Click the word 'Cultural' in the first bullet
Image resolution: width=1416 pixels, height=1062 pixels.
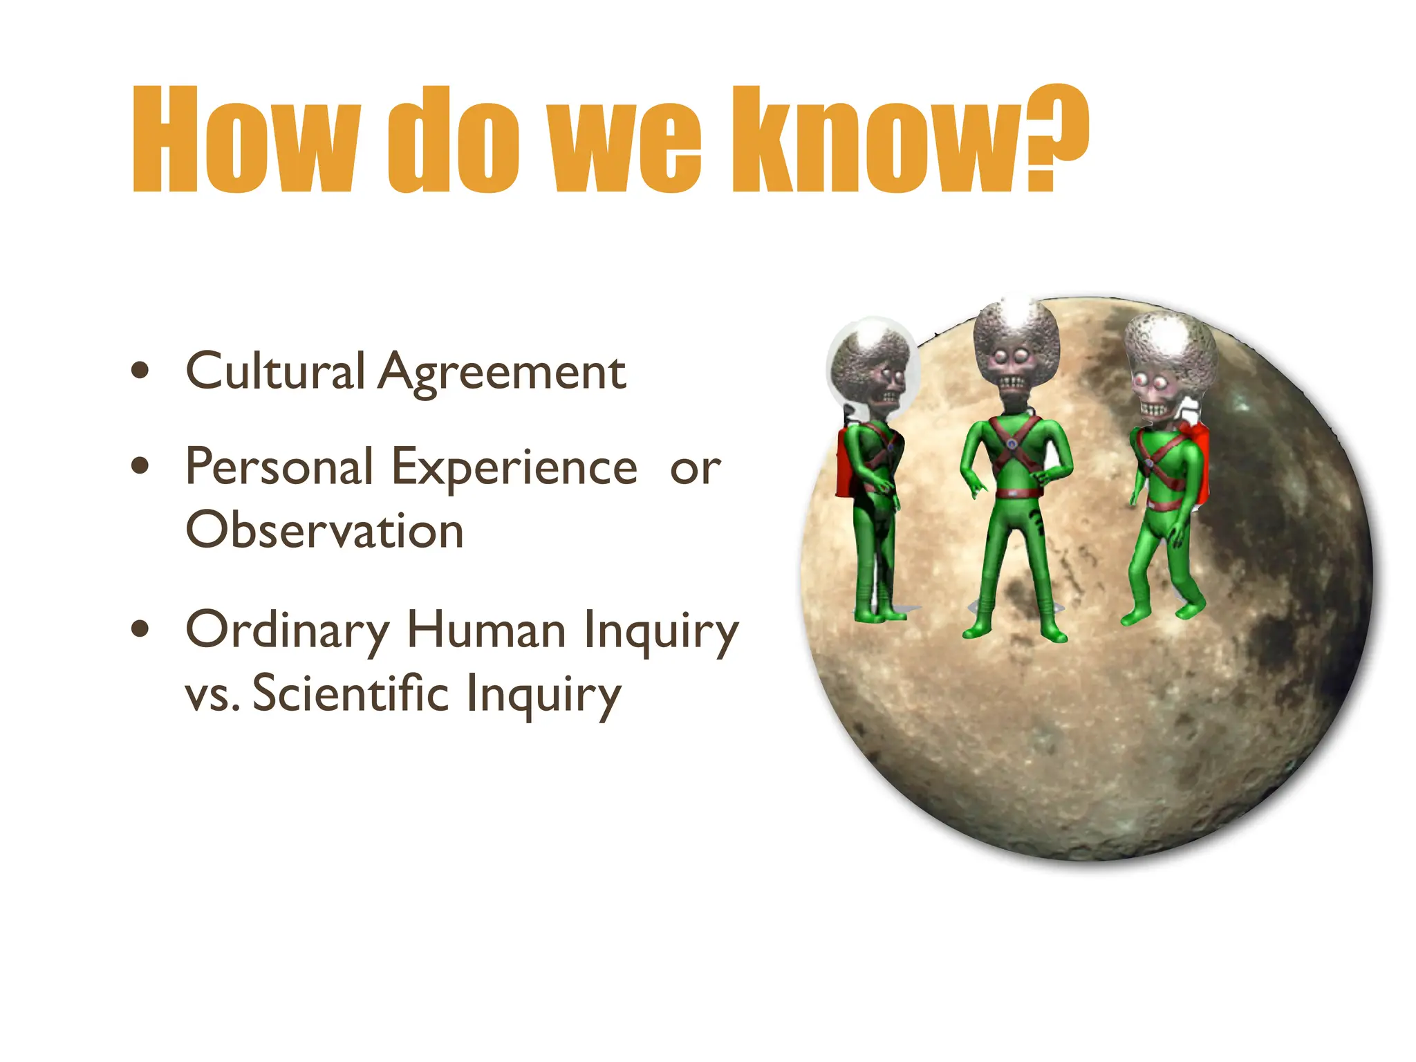(274, 371)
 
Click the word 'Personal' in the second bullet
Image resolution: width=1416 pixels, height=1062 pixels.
(279, 466)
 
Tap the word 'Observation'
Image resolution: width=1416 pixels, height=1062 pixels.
(324, 530)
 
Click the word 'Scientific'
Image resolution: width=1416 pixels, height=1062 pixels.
(351, 693)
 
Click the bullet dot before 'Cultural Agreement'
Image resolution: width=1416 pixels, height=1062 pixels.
(140, 371)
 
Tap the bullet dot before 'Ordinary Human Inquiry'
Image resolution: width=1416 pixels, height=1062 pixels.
(140, 628)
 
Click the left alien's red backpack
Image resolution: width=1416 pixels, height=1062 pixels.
(845, 463)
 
